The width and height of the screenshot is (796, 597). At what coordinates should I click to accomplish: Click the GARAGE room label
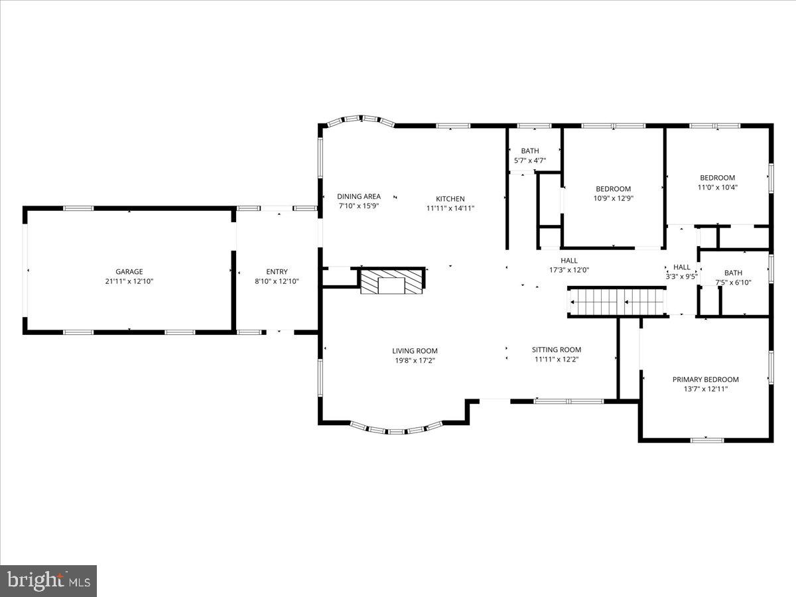[x=129, y=271]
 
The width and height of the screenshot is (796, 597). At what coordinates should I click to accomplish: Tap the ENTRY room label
[x=277, y=271]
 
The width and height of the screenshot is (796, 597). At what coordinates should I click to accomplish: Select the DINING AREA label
[x=359, y=196]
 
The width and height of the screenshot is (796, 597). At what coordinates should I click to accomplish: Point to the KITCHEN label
[x=450, y=198]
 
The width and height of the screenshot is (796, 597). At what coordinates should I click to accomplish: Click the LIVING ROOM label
[x=415, y=351]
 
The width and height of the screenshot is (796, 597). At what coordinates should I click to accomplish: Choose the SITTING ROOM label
[x=556, y=350]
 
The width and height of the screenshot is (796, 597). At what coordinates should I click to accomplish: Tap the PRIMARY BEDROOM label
[x=705, y=379]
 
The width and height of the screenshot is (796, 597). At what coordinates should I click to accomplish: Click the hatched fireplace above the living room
[x=392, y=281]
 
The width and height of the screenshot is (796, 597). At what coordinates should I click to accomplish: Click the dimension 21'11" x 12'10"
[x=129, y=281]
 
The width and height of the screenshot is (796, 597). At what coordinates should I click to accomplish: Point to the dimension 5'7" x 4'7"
[x=530, y=161]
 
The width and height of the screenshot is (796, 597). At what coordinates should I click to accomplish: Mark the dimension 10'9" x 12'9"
[x=613, y=198]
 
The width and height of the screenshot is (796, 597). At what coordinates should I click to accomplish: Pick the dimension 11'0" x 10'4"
[x=717, y=187]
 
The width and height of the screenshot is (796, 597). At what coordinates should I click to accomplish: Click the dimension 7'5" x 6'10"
[x=733, y=283]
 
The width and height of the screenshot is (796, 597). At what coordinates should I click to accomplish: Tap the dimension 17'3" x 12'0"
[x=569, y=270]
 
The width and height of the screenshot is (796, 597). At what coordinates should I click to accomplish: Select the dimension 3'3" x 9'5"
[x=681, y=277]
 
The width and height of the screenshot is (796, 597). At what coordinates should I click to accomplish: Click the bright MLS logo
[x=48, y=580]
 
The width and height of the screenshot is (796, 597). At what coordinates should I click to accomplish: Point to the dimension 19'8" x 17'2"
[x=415, y=361]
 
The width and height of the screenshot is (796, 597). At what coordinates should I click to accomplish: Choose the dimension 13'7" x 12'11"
[x=705, y=389]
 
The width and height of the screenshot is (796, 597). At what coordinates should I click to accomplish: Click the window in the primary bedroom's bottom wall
[x=707, y=439]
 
